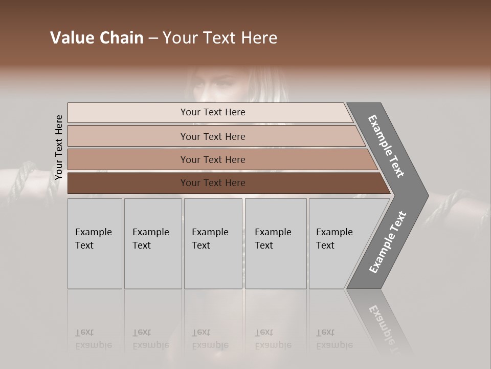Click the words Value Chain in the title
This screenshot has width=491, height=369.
pyautogui.click(x=97, y=38)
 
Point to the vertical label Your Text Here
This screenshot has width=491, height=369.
pyautogui.click(x=59, y=147)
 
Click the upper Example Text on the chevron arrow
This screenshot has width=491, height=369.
pyautogui.click(x=386, y=146)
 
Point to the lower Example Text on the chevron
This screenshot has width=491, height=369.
pyautogui.click(x=387, y=242)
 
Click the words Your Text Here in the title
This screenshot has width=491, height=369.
pyautogui.click(x=220, y=38)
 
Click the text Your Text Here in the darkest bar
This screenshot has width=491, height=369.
pyautogui.click(x=213, y=183)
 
